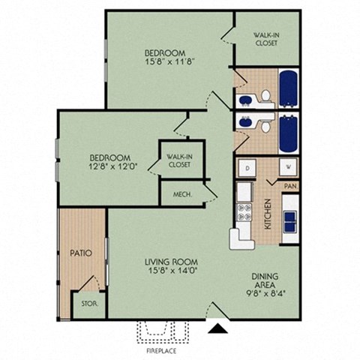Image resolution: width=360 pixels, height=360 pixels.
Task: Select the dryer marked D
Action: [x=247, y=168]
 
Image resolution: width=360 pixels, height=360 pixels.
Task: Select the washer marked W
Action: [x=287, y=168]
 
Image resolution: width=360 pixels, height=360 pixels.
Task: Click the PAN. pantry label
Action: [x=289, y=185]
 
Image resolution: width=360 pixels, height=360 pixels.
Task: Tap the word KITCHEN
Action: [x=267, y=214]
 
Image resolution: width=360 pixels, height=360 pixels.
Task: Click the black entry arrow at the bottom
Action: [x=217, y=327]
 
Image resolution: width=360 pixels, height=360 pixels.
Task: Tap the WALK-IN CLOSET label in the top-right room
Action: [x=266, y=38]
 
